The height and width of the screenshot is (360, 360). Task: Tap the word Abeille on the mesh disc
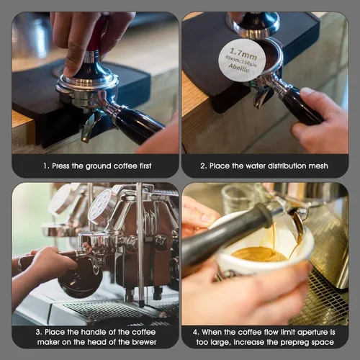239,68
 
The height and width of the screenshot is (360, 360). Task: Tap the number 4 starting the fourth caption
195,333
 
